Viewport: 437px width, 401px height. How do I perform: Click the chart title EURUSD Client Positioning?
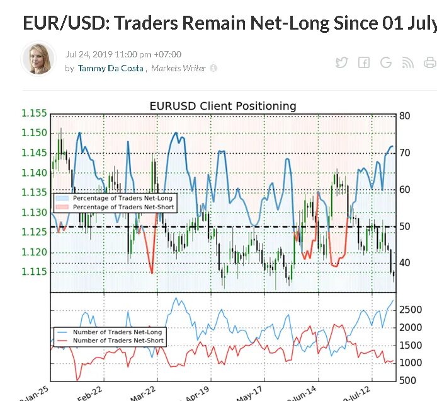(x=222, y=106)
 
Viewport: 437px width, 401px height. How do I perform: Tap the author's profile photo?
(x=38, y=59)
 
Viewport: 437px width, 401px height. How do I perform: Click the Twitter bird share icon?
(x=341, y=62)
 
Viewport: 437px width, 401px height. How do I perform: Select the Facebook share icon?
(x=363, y=62)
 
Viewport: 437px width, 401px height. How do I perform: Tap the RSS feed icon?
(x=407, y=62)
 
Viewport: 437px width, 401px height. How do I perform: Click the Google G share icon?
(x=385, y=62)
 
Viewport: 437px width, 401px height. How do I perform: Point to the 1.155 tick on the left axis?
(x=34, y=113)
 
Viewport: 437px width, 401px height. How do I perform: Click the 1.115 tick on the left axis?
(x=34, y=272)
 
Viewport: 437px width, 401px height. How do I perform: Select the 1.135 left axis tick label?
(x=34, y=192)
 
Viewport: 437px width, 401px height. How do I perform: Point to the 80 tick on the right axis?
(x=404, y=116)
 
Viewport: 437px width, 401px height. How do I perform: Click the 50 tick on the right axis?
(x=404, y=226)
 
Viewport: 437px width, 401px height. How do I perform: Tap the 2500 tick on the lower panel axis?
(x=411, y=310)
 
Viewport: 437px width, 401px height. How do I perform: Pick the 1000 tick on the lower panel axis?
(x=411, y=363)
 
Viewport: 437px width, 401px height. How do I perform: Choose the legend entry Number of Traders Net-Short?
(x=118, y=340)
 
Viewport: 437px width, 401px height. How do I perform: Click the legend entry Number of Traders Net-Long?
(x=118, y=332)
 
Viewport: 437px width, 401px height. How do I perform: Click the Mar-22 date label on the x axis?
(x=144, y=391)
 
